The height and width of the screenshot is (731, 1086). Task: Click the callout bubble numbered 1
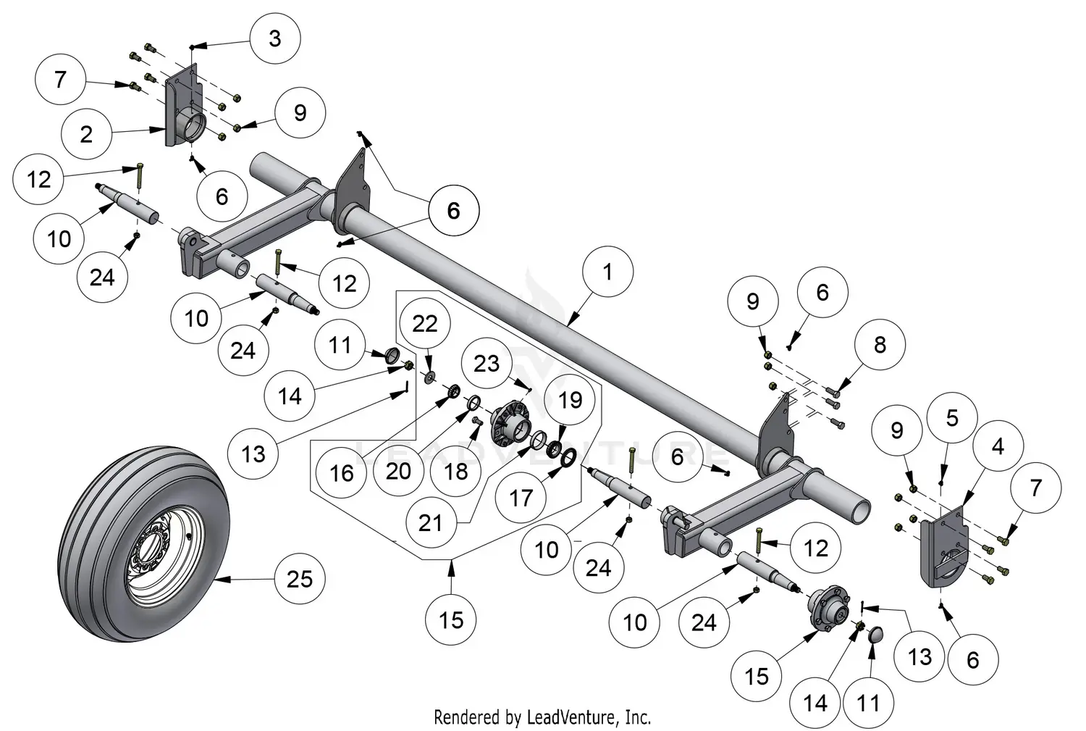(x=607, y=272)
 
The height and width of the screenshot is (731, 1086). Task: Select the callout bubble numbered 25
(x=300, y=579)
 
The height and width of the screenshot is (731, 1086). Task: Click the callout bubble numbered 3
(x=274, y=38)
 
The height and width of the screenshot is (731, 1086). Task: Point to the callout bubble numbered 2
(x=86, y=134)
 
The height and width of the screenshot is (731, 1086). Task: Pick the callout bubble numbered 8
(x=880, y=345)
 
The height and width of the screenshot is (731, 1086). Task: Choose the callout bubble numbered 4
(x=998, y=447)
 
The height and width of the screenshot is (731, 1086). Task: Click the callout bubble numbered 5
(x=952, y=418)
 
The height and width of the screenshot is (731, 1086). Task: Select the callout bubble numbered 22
(x=425, y=324)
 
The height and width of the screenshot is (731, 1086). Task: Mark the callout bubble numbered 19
(x=571, y=400)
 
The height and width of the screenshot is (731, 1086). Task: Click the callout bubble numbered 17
(x=521, y=498)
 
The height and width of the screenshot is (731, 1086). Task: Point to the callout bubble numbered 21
(x=431, y=522)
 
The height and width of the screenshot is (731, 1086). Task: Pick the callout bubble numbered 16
(x=342, y=473)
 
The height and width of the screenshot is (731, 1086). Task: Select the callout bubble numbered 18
(x=456, y=472)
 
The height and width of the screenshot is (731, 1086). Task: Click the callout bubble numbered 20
(x=399, y=471)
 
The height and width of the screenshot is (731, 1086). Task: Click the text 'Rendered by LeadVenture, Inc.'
(x=542, y=717)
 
